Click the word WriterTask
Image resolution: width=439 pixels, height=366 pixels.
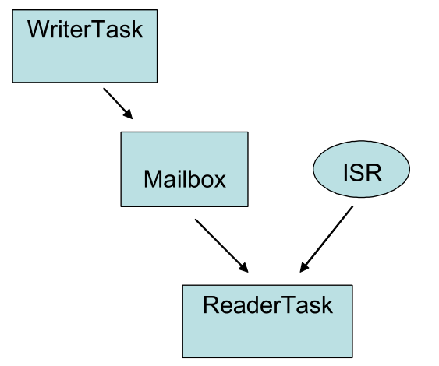(85, 30)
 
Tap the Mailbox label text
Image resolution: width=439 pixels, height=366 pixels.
(184, 179)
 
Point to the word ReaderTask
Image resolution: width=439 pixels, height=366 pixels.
(267, 304)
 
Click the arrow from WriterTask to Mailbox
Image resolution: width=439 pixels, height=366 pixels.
(118, 103)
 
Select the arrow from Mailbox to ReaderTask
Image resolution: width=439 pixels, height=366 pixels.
(221, 245)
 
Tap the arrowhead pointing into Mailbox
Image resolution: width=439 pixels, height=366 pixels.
(129, 114)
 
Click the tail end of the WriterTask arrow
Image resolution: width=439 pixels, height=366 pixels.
(104, 89)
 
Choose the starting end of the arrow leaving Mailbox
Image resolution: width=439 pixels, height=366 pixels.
(196, 220)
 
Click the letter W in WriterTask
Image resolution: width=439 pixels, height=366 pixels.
(39, 30)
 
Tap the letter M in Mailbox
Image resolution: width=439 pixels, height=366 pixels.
(153, 179)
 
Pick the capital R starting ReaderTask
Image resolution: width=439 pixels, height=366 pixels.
(211, 304)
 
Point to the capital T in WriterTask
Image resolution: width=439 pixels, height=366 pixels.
(100, 30)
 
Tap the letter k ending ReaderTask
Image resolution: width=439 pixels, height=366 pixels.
(327, 304)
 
